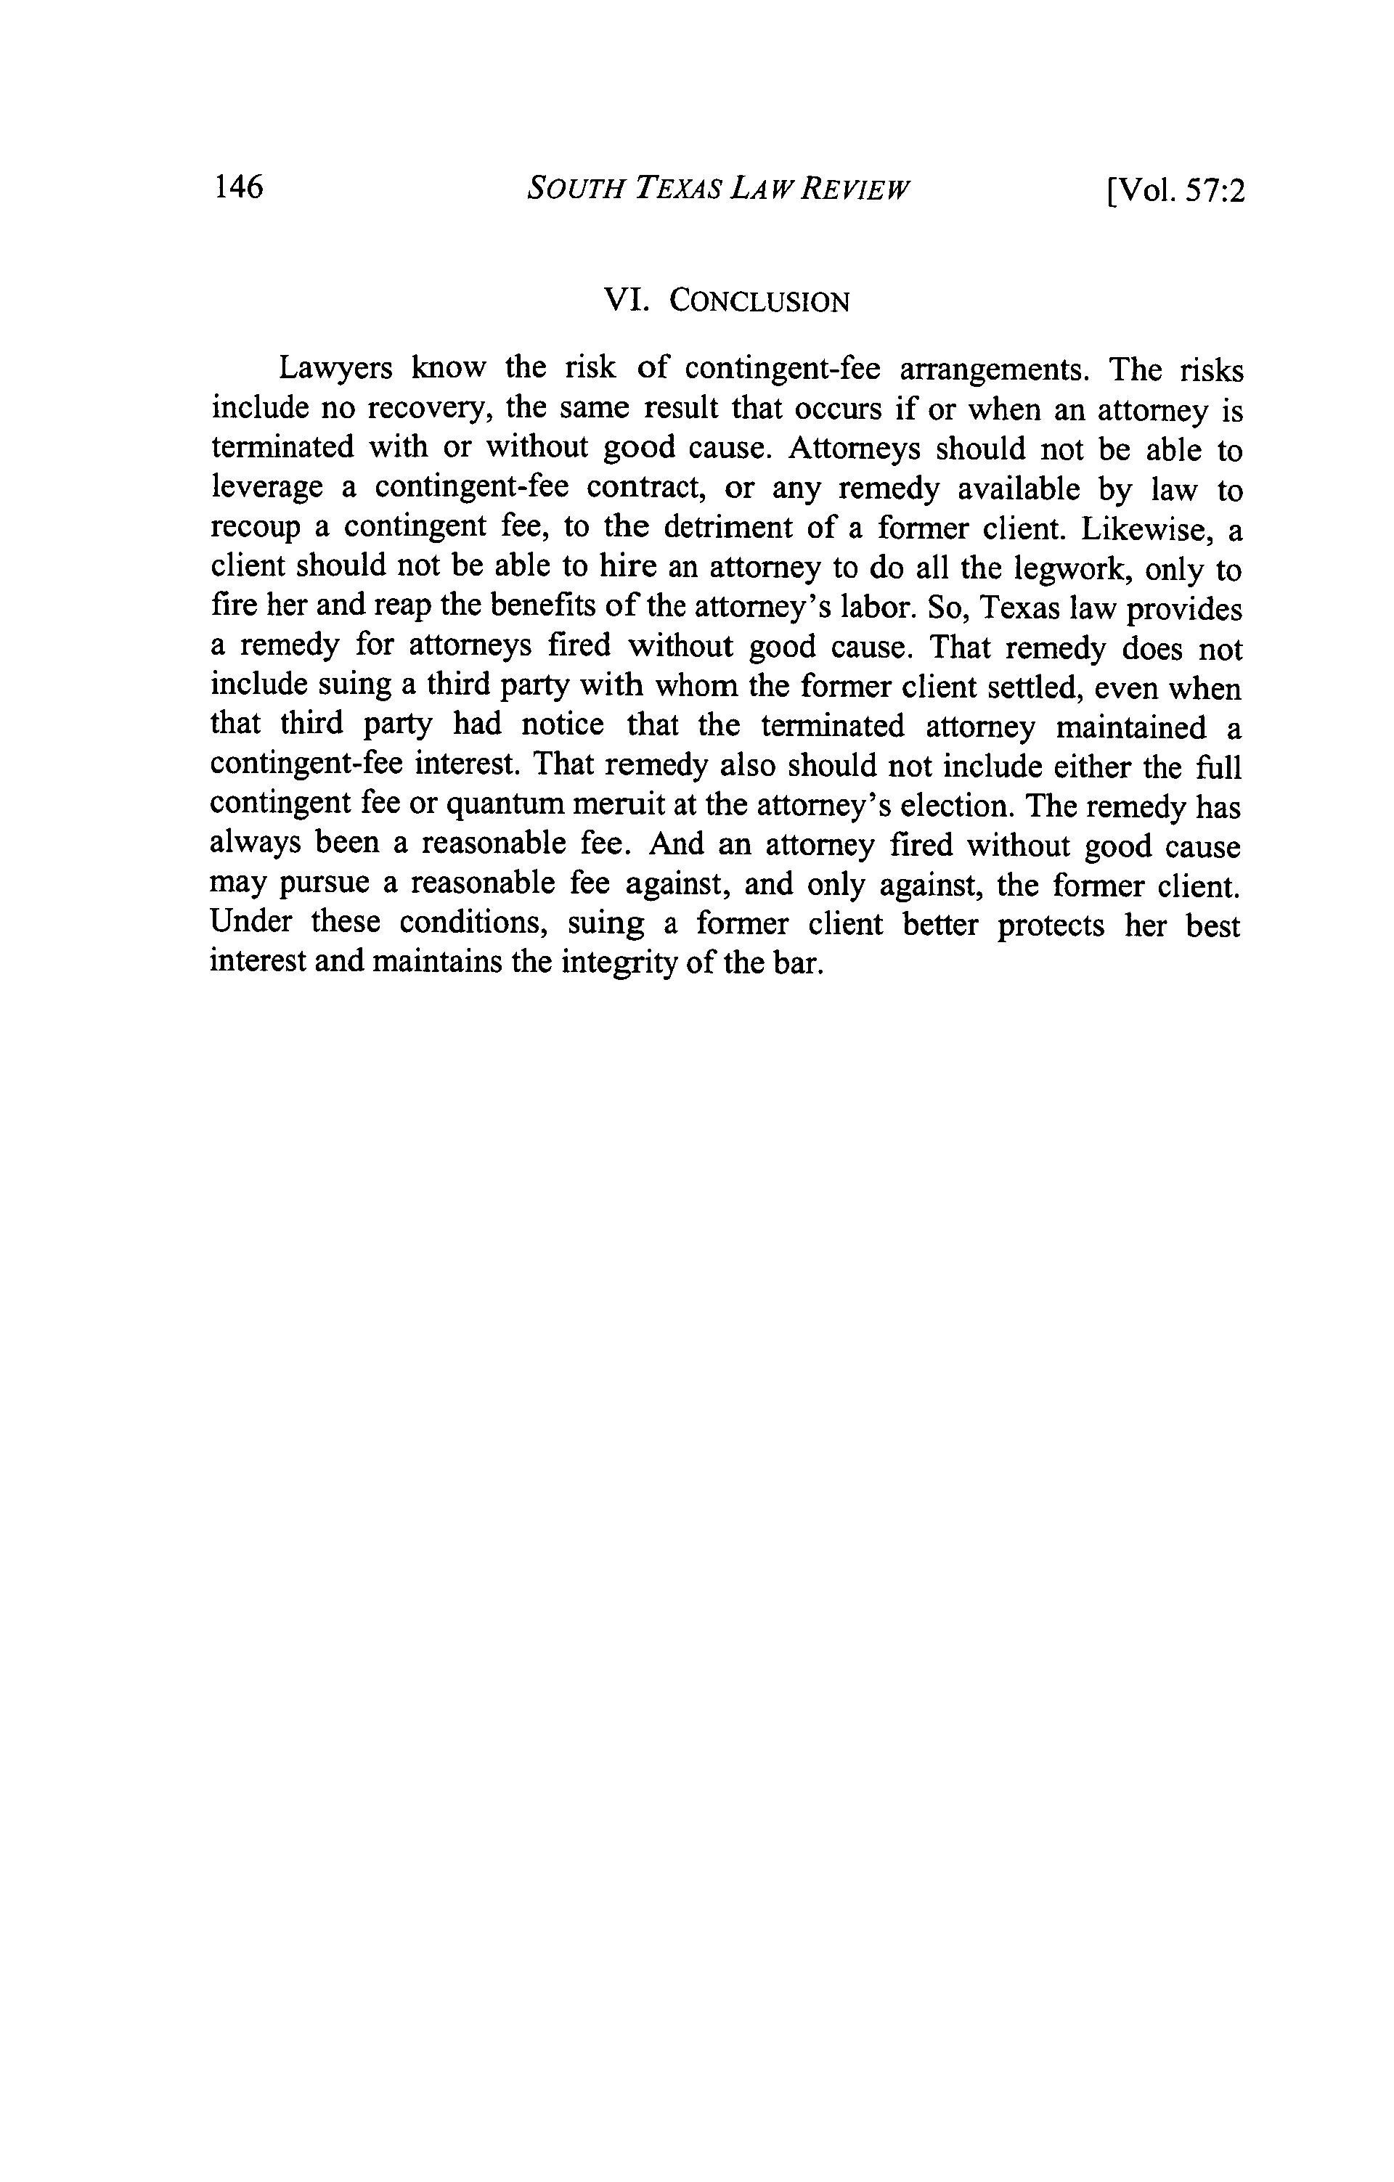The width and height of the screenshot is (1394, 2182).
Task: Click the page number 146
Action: point(238,187)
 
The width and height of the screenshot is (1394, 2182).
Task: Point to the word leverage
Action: point(266,489)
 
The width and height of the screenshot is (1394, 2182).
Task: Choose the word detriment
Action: point(722,528)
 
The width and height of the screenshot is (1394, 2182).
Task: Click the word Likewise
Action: point(1149,529)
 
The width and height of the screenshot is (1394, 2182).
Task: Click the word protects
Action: point(1051,924)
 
